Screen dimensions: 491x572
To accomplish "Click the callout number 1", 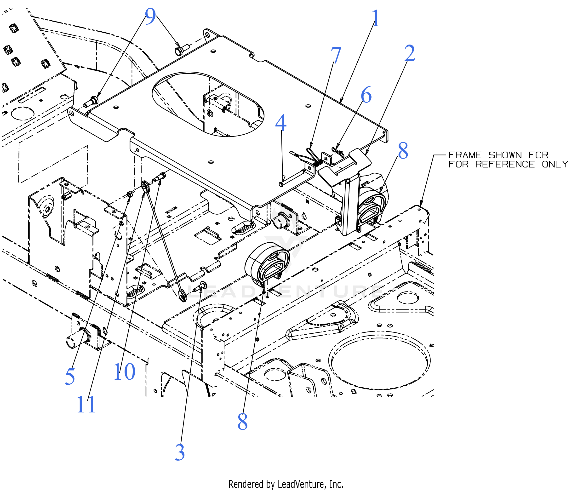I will click(375, 18).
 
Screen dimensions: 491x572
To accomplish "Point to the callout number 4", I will click(281, 123).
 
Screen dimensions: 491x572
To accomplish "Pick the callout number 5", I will click(70, 377).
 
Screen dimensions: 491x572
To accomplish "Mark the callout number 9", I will click(150, 17).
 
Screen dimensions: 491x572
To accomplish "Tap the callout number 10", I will click(125, 372).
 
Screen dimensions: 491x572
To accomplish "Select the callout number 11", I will click(86, 405).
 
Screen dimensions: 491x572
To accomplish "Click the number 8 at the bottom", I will click(242, 422).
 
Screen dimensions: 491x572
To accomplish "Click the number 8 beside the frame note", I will click(403, 151).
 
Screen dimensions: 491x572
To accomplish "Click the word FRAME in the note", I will click(465, 155).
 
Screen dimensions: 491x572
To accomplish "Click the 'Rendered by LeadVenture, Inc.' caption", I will click(286, 484).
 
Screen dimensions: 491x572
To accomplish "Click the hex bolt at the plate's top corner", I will click(179, 51).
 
